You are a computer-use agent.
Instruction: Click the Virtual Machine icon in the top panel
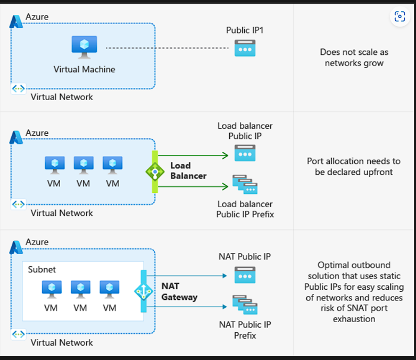pyautogui.click(x=84, y=47)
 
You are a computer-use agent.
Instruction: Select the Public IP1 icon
pyautogui.click(x=245, y=48)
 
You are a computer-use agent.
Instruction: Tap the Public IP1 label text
pyautogui.click(x=245, y=30)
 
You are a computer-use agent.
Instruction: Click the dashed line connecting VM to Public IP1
pyautogui.click(x=165, y=48)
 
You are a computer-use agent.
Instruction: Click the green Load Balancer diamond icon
pyautogui.click(x=155, y=171)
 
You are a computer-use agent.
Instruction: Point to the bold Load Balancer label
pyautogui.click(x=188, y=170)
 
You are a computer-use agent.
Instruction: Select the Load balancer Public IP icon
pyautogui.click(x=245, y=154)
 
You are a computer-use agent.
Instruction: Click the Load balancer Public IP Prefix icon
pyautogui.click(x=245, y=185)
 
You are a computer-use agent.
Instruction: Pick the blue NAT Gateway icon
pyautogui.click(x=144, y=291)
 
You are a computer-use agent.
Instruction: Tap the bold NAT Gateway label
pyautogui.click(x=179, y=291)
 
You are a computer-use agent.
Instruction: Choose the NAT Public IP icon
pyautogui.click(x=245, y=275)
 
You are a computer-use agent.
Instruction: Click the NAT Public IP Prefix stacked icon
pyautogui.click(x=245, y=305)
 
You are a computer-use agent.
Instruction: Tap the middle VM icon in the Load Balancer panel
pyautogui.click(x=84, y=164)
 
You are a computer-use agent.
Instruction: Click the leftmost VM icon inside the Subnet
pyautogui.click(x=52, y=289)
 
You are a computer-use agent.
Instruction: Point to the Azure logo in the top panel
pyautogui.click(x=16, y=22)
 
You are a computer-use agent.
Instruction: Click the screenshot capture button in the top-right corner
pyautogui.click(x=400, y=17)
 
